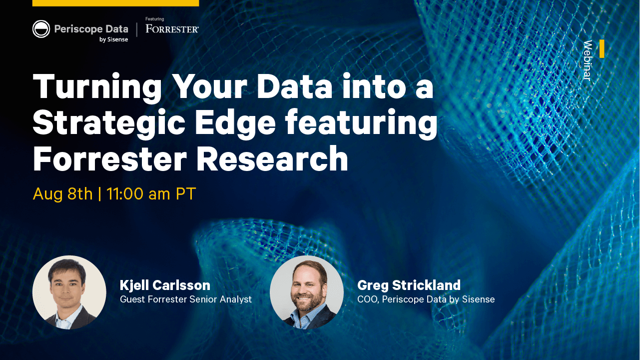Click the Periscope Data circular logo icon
(x=41, y=29)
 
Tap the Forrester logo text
(x=172, y=28)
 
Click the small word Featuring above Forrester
(x=154, y=19)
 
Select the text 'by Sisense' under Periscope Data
(x=113, y=39)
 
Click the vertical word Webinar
(x=588, y=60)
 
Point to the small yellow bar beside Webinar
(x=602, y=48)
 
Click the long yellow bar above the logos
(x=115, y=3)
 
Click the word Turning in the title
(x=97, y=86)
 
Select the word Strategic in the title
(x=109, y=122)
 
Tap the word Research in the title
(x=272, y=158)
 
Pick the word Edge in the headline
(x=235, y=123)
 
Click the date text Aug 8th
(x=63, y=193)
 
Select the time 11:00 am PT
(x=151, y=193)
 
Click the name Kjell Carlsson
(x=165, y=285)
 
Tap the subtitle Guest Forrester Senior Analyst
(x=186, y=299)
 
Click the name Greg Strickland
(x=409, y=285)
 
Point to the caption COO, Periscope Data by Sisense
(x=426, y=299)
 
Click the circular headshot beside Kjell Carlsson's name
(x=69, y=292)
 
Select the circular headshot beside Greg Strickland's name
(x=307, y=292)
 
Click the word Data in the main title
(x=295, y=86)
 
